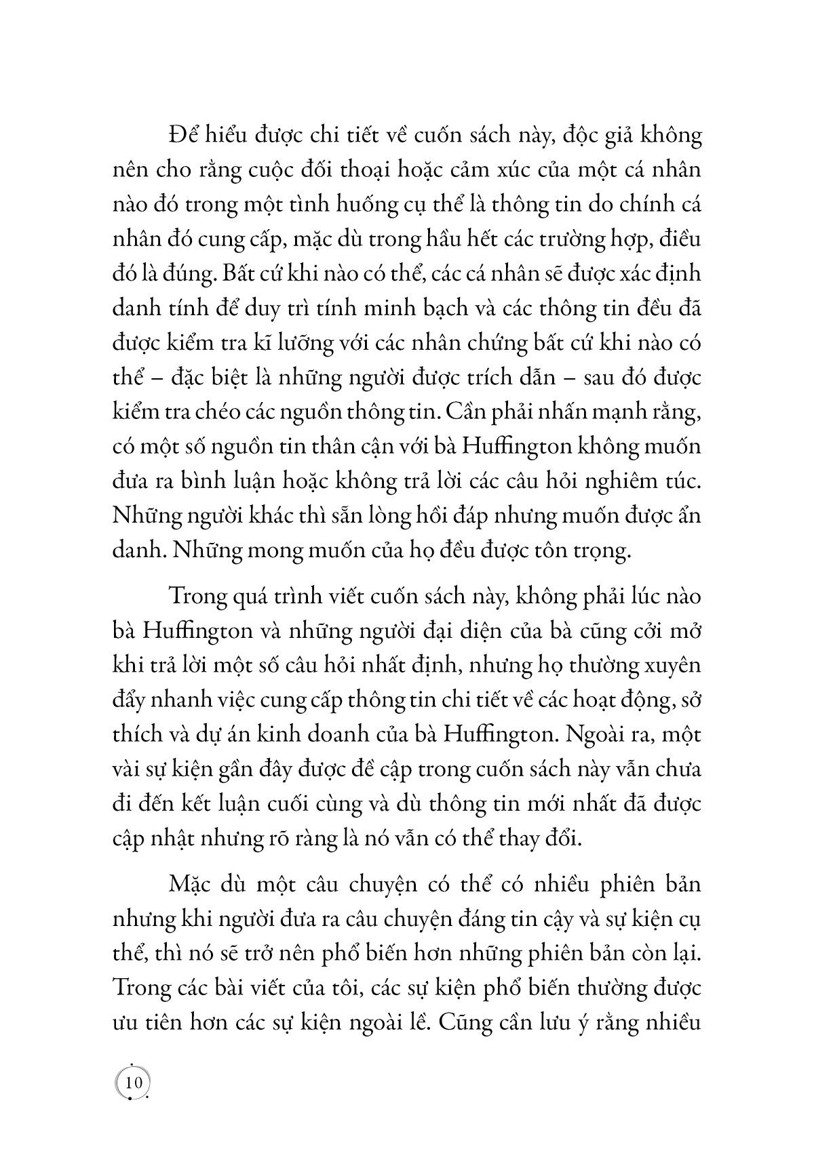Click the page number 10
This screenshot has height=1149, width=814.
(x=133, y=1083)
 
